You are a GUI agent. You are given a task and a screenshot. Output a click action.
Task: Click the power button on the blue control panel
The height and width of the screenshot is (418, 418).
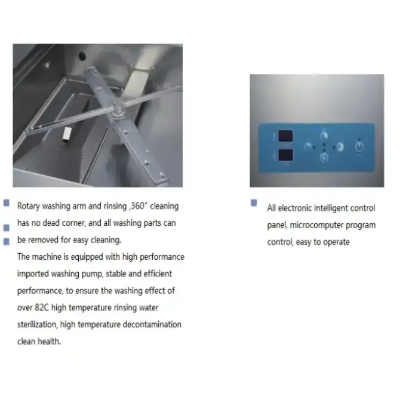click(x=359, y=147)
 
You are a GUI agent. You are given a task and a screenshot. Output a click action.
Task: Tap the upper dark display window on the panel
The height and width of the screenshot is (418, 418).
click(x=285, y=136)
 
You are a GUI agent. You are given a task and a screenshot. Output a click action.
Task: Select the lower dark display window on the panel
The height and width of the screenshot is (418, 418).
click(x=285, y=155)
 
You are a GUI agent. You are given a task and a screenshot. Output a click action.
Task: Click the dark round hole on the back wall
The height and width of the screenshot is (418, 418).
click(x=82, y=56)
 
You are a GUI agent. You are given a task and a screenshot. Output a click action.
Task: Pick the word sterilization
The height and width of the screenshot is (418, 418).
click(x=37, y=324)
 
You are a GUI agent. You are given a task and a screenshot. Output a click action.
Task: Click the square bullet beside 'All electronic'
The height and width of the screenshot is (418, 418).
click(x=254, y=203)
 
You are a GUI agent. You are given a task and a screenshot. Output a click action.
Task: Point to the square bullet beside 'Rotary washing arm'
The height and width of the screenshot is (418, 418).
click(x=7, y=203)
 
